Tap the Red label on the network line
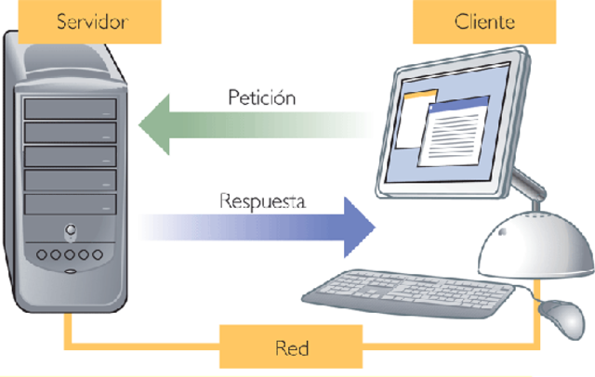(x=291, y=348)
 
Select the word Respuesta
(x=263, y=200)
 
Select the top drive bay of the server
(x=70, y=109)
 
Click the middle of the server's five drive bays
(x=70, y=156)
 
